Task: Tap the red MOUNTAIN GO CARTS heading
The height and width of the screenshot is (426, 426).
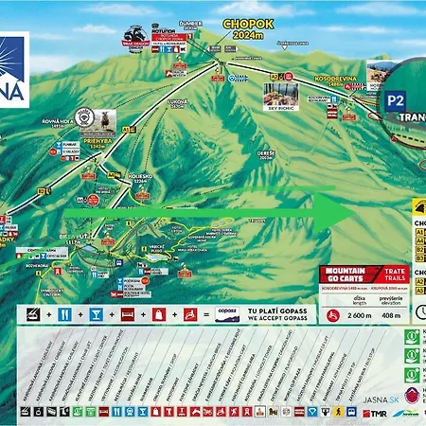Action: pyautogui.click(x=345, y=272)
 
